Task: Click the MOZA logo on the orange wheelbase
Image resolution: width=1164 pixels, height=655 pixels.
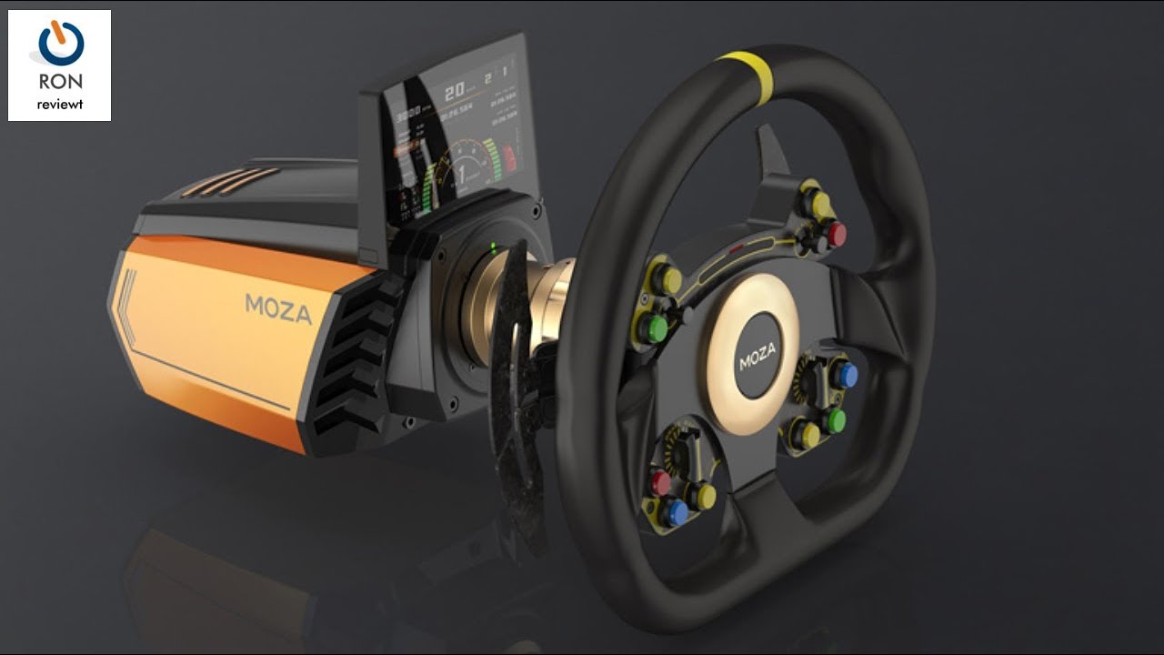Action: click(x=278, y=308)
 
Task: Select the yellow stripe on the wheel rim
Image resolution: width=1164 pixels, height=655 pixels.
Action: click(x=744, y=65)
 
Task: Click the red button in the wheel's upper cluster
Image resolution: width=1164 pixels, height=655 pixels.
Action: click(x=837, y=235)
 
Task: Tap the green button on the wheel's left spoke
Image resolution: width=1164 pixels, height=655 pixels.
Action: click(x=655, y=327)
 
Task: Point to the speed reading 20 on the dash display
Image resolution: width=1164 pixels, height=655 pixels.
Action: click(x=454, y=92)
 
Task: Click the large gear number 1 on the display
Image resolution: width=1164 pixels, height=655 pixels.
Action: click(x=461, y=173)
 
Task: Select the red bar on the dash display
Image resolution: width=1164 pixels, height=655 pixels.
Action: click(x=508, y=157)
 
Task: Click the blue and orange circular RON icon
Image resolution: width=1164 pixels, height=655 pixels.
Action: click(x=61, y=44)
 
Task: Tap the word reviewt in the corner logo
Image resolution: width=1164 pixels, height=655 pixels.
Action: click(x=60, y=105)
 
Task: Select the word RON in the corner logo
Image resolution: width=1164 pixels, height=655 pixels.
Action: click(x=60, y=83)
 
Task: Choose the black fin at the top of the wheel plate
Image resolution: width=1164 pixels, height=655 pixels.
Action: click(x=773, y=150)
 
